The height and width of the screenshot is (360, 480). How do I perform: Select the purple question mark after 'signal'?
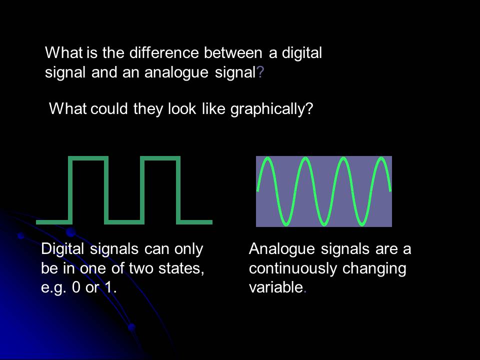259,72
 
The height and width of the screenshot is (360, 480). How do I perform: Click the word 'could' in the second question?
110,108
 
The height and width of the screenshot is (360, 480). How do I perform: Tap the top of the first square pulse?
88,158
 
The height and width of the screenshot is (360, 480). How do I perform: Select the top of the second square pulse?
160,158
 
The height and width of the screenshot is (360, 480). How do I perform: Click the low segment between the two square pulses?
124,221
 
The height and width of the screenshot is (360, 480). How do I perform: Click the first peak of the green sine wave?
267,159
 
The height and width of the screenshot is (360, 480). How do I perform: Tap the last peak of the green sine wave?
381,159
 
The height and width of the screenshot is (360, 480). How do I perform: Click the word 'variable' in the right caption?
275,288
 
